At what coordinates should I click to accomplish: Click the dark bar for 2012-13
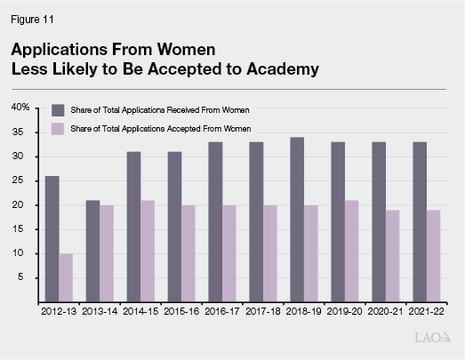click(x=52, y=238)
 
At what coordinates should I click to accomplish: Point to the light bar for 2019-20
click(x=353, y=251)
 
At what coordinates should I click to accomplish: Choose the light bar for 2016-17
click(x=230, y=253)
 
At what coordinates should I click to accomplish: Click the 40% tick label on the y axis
click(x=20, y=108)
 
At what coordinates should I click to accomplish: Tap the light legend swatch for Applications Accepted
click(x=58, y=130)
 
